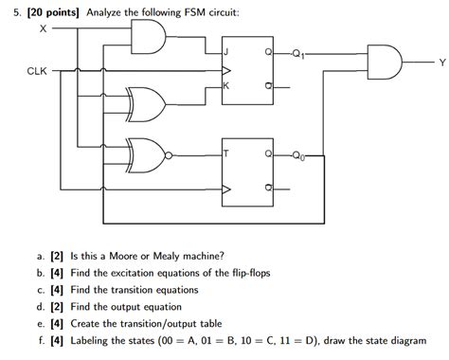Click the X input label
(x=43, y=29)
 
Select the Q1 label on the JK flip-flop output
(x=299, y=54)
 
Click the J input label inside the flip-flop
(x=225, y=54)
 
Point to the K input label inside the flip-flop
(x=225, y=87)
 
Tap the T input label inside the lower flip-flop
(x=225, y=154)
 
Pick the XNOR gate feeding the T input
(x=147, y=152)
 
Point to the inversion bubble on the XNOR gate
(x=170, y=152)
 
